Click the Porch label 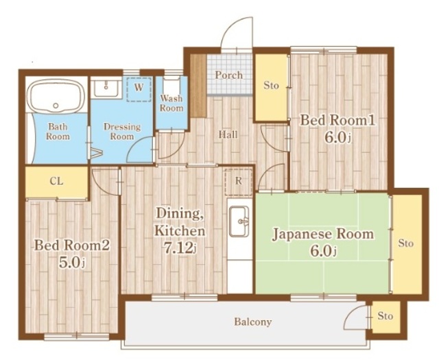(228, 75)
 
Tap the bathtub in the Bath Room (58, 95)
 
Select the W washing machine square (139, 89)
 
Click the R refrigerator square (238, 182)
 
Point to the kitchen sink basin (239, 221)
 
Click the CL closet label (56, 181)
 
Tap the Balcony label (253, 322)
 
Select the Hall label (228, 134)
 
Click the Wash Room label (171, 103)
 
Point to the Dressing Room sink (106, 88)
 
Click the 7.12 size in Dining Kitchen (178, 248)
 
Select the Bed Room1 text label (337, 121)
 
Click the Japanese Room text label (323, 234)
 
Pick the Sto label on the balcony (385, 316)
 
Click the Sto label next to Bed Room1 (271, 85)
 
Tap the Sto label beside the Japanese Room (405, 243)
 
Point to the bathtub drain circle (56, 106)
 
